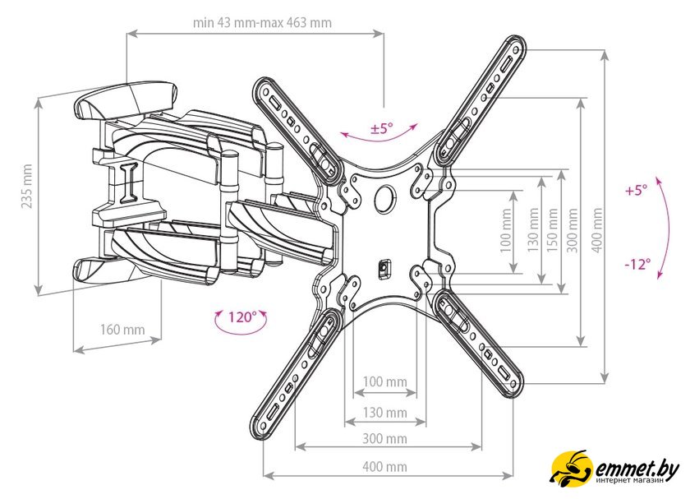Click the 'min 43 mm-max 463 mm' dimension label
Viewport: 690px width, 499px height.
click(262, 22)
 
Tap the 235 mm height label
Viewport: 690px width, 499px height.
click(27, 186)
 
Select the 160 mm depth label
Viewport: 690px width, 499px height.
click(122, 329)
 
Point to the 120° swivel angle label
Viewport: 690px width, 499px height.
click(241, 317)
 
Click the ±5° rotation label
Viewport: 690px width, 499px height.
click(381, 128)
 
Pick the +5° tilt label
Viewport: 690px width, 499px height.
click(636, 190)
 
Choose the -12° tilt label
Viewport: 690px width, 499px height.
click(637, 264)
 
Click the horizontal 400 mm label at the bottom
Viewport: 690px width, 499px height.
click(384, 466)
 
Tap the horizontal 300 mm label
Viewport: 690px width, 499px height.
click(384, 438)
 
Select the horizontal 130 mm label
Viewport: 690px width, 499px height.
click(385, 412)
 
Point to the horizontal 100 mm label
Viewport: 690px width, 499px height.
click(385, 381)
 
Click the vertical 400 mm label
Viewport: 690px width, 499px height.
click(596, 229)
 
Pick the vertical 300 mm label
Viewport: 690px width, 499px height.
click(572, 229)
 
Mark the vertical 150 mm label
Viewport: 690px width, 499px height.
click(552, 229)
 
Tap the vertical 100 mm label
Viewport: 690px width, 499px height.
click(506, 229)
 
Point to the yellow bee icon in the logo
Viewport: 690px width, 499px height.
click(572, 467)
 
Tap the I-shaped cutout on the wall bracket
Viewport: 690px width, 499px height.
click(127, 183)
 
